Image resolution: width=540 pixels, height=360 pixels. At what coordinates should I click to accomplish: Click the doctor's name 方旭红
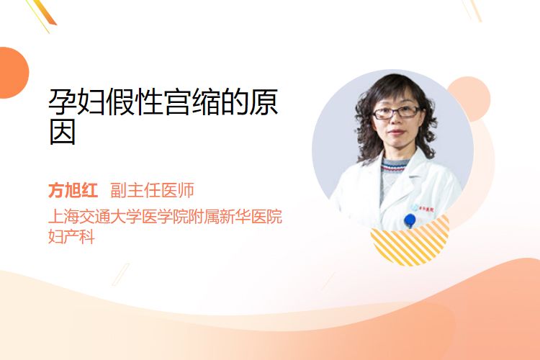click(73, 190)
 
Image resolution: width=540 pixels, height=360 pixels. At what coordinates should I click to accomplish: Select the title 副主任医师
click(152, 190)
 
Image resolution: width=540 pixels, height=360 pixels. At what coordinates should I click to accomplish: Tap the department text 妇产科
click(71, 237)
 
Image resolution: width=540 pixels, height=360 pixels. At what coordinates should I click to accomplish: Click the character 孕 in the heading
click(63, 102)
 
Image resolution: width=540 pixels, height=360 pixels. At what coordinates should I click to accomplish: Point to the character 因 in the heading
click(63, 132)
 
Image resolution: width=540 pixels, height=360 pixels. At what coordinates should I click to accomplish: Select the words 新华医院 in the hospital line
click(251, 216)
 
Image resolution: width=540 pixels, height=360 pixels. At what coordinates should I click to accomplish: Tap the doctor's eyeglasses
click(396, 112)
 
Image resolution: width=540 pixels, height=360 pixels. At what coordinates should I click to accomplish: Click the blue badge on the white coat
click(410, 220)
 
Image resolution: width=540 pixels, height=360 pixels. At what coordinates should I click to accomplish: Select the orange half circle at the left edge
click(14, 73)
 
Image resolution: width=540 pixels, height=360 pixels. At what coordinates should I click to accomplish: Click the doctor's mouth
click(396, 132)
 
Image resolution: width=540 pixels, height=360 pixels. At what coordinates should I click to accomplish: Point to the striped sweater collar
click(395, 166)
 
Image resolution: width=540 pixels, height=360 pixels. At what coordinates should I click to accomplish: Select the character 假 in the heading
click(120, 102)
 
